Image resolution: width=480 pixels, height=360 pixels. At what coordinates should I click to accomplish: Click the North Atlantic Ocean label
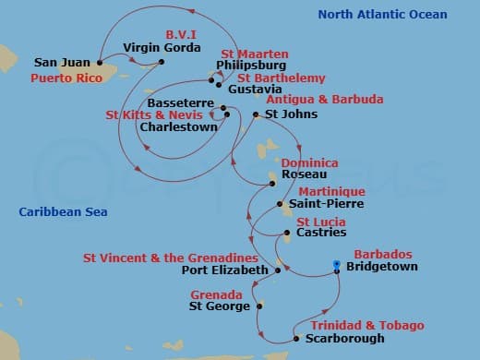(x=382, y=15)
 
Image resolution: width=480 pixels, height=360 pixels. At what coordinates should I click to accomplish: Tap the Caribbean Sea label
(x=63, y=213)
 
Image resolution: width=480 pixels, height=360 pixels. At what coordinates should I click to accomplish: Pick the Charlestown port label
(x=178, y=127)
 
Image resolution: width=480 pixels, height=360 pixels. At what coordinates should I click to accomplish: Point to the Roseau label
(x=306, y=173)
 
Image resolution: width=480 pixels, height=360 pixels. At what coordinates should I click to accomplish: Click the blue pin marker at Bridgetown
(x=337, y=266)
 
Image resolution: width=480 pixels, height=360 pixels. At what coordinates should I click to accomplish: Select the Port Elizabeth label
(x=224, y=271)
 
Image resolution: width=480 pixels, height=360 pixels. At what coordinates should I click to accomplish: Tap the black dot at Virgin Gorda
(x=162, y=62)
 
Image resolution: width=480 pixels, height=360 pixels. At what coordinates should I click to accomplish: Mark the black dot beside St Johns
(x=256, y=114)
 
